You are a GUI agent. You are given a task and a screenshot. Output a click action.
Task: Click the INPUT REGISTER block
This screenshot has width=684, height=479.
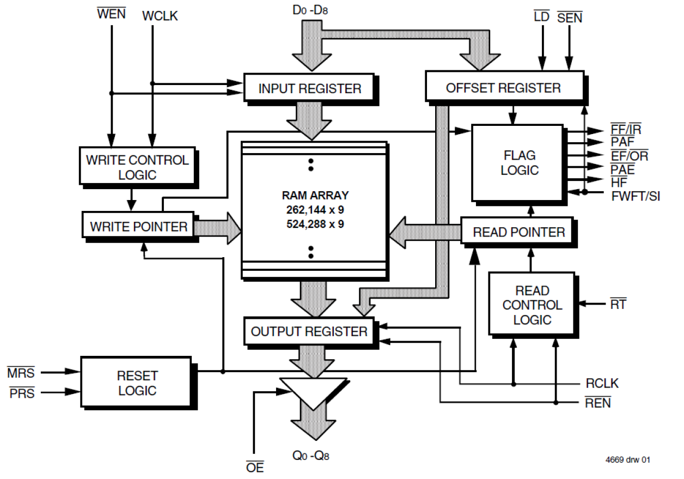click(x=309, y=88)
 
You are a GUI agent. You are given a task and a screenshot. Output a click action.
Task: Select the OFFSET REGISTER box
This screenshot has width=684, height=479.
click(x=503, y=87)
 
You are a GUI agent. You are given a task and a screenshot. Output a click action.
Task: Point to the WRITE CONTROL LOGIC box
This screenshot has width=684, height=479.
click(x=137, y=167)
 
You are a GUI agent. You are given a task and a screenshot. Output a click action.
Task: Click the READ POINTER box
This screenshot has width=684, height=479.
click(x=518, y=233)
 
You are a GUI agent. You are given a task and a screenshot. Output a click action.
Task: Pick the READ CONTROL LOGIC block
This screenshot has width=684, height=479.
click(x=532, y=305)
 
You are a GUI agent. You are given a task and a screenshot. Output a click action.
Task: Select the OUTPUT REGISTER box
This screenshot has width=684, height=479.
click(x=309, y=331)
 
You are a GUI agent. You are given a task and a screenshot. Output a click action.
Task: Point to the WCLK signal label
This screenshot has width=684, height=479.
click(x=160, y=16)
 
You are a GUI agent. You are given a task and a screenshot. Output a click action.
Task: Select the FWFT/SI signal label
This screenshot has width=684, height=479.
click(x=635, y=196)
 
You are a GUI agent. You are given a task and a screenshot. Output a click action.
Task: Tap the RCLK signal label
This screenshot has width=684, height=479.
click(x=602, y=384)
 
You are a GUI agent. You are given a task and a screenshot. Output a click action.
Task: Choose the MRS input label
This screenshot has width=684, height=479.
click(x=21, y=373)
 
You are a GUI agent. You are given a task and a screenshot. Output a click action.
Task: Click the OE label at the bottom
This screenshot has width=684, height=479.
click(x=254, y=466)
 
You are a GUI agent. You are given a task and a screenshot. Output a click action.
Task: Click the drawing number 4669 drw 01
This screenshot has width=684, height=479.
click(x=627, y=459)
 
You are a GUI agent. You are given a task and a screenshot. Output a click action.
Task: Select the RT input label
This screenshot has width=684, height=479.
click(x=618, y=304)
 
